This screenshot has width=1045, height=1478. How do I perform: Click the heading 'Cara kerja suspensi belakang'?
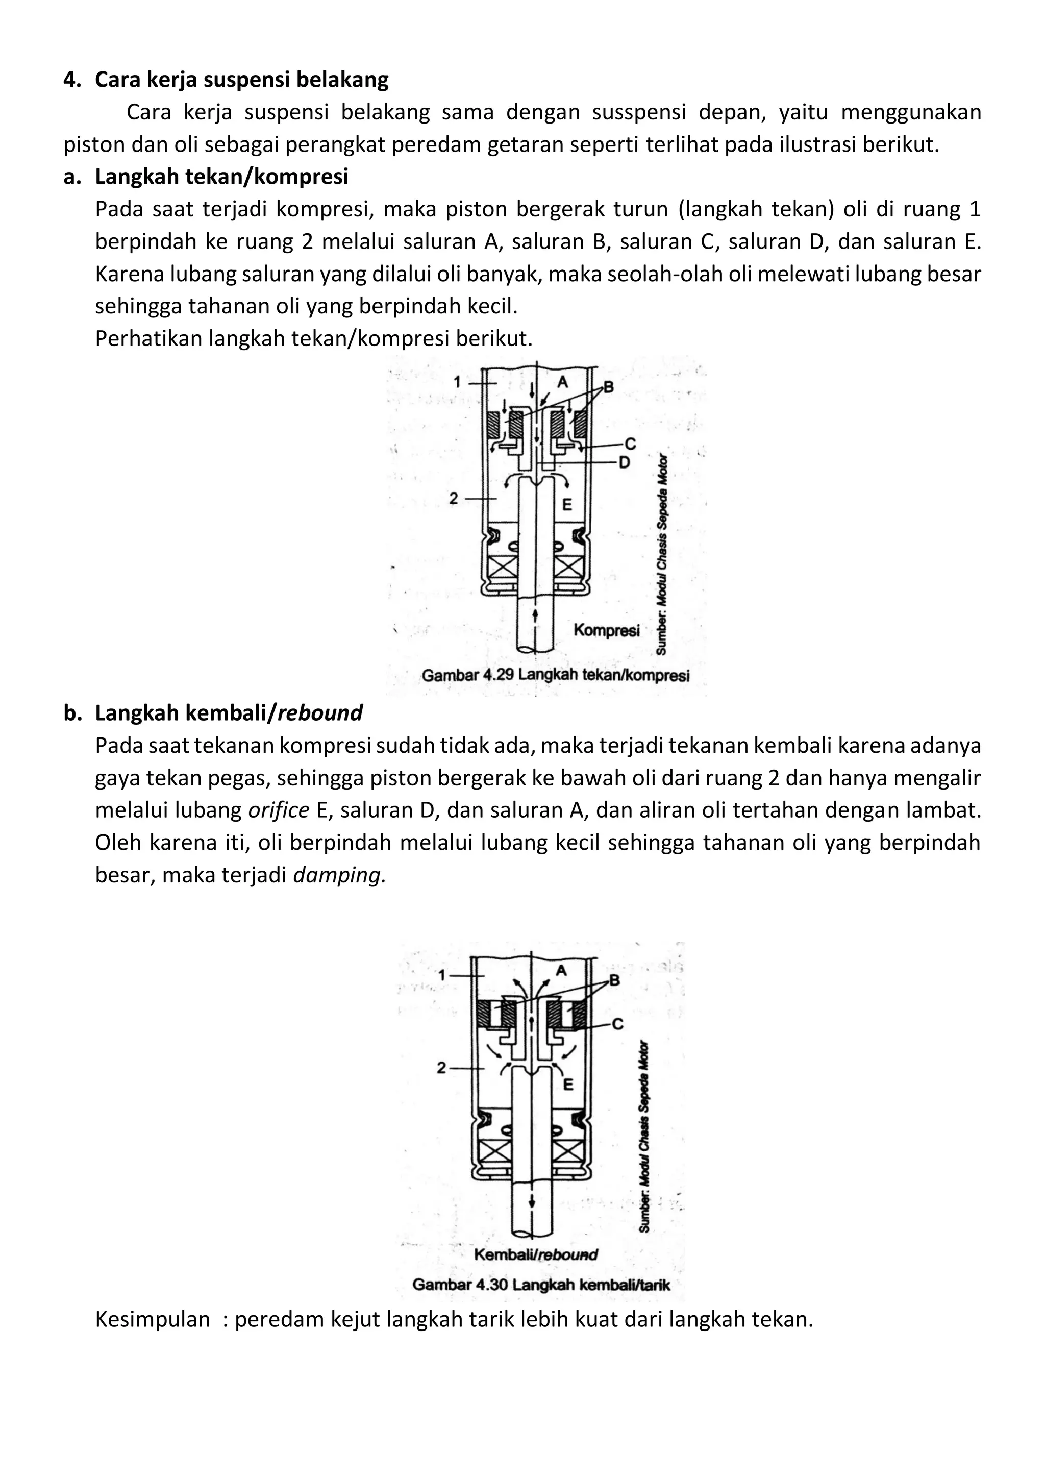pos(241,80)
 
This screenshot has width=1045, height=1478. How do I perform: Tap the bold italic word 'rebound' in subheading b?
pos(320,712)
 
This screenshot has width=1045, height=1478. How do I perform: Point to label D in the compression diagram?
pos(624,462)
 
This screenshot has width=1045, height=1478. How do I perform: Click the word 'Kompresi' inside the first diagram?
pos(607,630)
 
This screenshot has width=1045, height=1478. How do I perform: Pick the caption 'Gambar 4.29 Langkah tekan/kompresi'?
pos(555,675)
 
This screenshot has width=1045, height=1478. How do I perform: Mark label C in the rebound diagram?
pos(617,1024)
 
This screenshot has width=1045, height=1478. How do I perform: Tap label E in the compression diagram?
pos(567,505)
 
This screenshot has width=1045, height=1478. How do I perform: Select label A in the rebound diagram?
pos(560,971)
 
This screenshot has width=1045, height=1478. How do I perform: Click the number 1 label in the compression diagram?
pos(457,382)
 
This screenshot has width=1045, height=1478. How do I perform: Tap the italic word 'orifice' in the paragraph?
pos(279,810)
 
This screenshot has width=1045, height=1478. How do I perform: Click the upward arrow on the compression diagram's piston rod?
pos(535,616)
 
